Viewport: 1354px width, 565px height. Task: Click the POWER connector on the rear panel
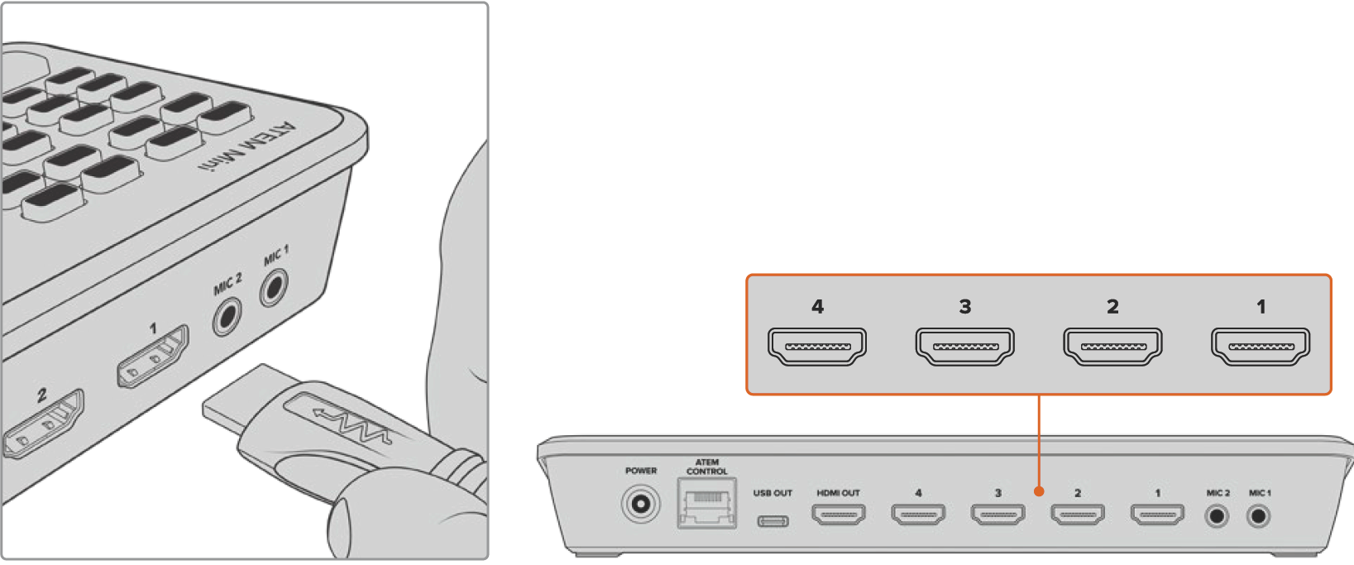641,503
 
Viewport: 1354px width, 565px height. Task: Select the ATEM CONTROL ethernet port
706,503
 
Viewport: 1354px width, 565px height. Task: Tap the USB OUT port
773,521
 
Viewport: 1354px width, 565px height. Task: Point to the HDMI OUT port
839,515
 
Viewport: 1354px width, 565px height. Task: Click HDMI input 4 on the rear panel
918,515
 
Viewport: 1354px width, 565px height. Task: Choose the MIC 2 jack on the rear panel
1218,517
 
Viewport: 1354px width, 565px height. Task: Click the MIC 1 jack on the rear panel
1259,517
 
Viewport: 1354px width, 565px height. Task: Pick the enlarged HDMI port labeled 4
817,347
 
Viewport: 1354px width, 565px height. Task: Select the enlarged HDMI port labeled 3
964,347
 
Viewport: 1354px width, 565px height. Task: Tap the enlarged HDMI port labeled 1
1261,347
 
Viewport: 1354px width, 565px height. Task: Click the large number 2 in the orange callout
1112,306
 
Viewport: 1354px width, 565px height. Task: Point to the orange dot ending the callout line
1039,491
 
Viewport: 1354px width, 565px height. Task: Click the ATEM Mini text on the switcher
248,147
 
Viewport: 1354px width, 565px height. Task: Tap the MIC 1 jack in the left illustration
273,288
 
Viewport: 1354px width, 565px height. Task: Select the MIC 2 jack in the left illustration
227,316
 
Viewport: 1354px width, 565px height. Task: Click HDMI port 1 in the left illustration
153,356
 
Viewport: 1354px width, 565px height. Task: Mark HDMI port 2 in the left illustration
44,424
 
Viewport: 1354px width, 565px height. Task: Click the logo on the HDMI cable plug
351,423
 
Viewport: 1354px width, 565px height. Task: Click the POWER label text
641,471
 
